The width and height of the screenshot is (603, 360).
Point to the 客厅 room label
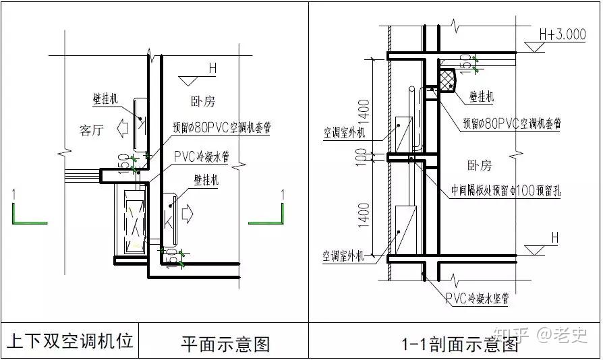92,130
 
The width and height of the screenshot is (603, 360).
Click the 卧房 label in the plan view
202,102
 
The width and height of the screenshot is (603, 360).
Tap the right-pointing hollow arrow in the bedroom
188,214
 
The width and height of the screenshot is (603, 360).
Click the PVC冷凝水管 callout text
201,156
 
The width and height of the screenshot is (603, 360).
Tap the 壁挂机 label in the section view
481,97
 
